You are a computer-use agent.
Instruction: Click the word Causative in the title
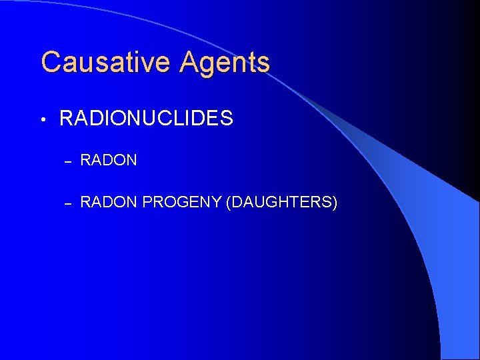click(99, 63)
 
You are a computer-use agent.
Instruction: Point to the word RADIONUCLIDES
click(146, 119)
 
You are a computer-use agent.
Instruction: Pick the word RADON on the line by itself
click(109, 160)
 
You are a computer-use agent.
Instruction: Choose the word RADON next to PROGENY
click(109, 201)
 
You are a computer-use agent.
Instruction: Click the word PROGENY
click(182, 201)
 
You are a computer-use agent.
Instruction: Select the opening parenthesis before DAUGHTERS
click(229, 202)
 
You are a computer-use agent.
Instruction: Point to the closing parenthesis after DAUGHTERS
click(335, 202)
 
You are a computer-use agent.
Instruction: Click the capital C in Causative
click(51, 63)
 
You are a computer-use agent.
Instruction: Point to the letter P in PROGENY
click(147, 201)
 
